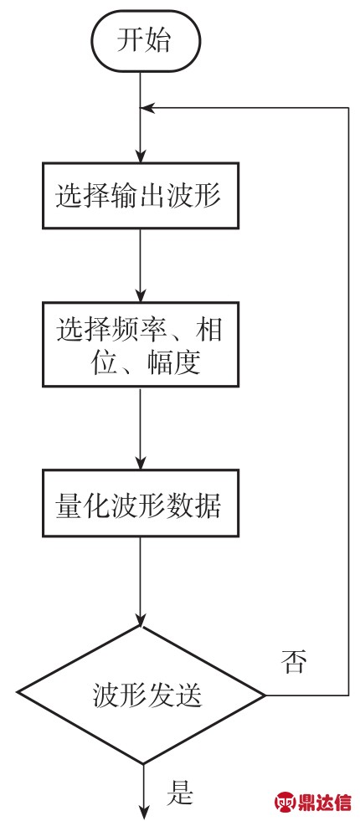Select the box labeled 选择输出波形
point(140,196)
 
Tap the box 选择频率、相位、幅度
point(140,345)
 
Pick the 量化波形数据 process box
point(140,503)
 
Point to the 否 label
point(292,662)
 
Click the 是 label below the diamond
point(180,793)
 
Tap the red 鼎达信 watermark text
point(325,801)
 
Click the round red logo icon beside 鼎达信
point(285,802)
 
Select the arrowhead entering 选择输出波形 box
point(141,156)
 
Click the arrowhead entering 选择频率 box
point(141,295)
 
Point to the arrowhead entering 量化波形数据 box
point(141,463)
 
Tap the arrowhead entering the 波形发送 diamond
point(141,618)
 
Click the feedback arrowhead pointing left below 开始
point(148,108)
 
